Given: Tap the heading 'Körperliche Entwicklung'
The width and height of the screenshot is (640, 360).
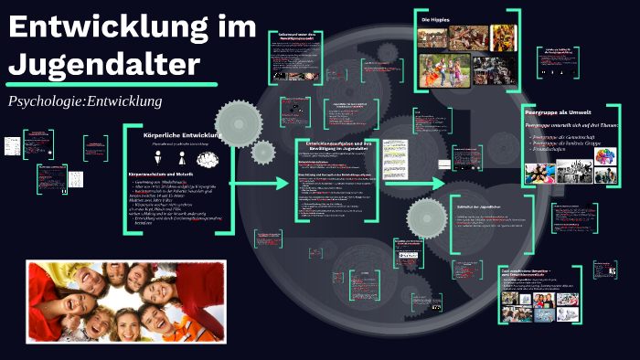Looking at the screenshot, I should (x=184, y=136).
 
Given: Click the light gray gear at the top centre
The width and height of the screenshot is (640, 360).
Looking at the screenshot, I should (x=237, y=120).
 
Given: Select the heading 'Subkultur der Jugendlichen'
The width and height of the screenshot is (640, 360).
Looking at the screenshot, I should (x=480, y=207).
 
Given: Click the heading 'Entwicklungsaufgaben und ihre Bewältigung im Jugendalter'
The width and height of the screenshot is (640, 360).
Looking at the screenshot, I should (x=340, y=147).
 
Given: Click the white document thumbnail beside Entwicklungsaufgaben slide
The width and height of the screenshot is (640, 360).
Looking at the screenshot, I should (x=394, y=158).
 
